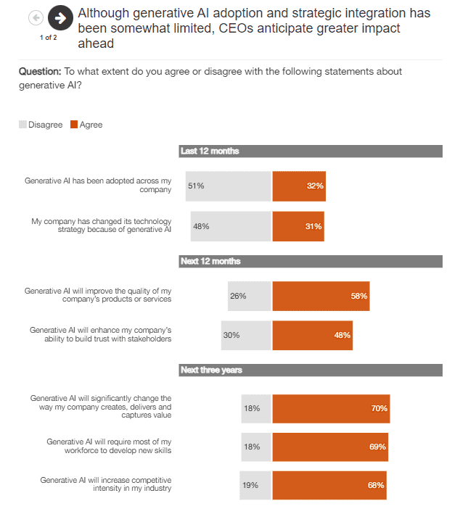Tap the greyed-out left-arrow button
36,17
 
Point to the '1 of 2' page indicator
49,37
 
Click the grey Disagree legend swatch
22,125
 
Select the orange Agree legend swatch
74,125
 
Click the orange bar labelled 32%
299,186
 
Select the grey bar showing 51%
228,186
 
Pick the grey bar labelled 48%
231,226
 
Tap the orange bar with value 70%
331,408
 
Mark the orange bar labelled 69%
330,447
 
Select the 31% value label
313,226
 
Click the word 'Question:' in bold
39,71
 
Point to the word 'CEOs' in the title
314,29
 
